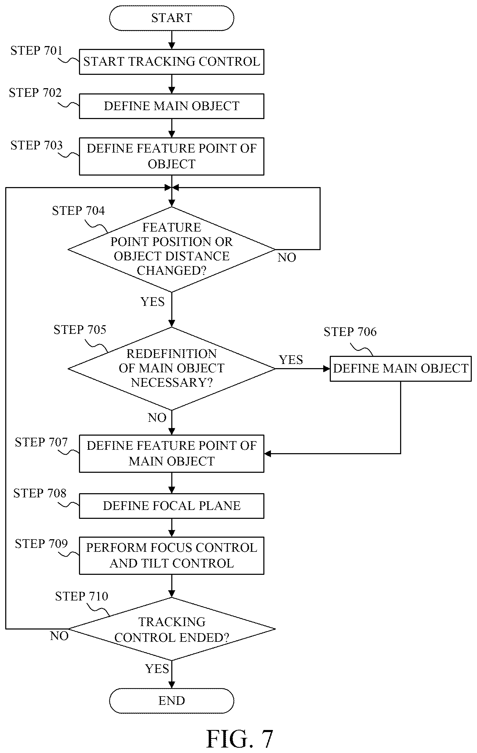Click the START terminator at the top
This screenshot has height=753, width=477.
[172, 18]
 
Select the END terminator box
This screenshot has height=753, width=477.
[172, 701]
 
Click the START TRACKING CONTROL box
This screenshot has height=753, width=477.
[172, 61]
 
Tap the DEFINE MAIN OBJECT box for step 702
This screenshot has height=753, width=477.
[172, 106]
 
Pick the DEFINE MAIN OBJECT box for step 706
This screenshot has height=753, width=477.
[400, 369]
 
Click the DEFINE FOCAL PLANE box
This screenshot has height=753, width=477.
[172, 506]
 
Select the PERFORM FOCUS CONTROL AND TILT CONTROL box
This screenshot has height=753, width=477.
[172, 556]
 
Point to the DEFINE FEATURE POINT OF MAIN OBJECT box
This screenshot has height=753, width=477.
[172, 453]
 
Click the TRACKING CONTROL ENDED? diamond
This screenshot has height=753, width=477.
[172, 629]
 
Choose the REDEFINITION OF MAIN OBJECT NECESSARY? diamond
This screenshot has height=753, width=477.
[172, 368]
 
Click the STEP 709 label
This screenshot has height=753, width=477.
[41, 543]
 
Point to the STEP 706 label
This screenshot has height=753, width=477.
[350, 332]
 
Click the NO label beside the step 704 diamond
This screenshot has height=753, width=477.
[287, 258]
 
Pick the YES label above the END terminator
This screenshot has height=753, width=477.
[157, 669]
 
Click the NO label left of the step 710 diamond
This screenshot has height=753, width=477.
[59, 636]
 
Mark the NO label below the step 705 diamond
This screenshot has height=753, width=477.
[157, 418]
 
